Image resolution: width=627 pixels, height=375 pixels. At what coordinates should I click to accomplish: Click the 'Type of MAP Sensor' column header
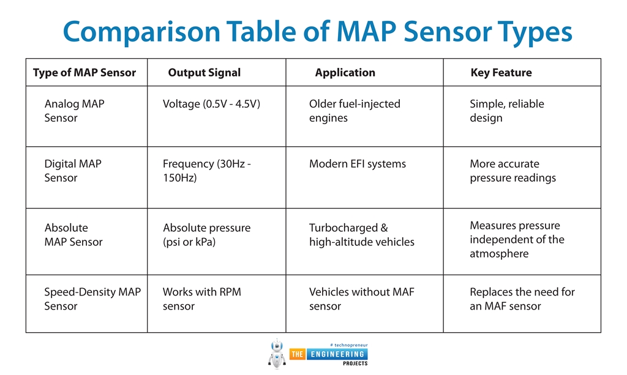tap(84, 73)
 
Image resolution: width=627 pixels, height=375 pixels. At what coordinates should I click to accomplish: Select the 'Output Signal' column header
tap(204, 73)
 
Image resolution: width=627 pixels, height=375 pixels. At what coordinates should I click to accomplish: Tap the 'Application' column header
tap(345, 73)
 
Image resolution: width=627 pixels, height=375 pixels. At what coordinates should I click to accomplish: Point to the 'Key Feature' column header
tap(501, 73)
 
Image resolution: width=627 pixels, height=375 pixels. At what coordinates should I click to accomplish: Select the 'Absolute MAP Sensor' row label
tap(73, 235)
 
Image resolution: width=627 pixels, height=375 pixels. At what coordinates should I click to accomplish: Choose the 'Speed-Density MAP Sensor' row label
tap(92, 299)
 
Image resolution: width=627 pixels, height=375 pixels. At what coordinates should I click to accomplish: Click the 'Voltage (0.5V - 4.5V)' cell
tap(211, 104)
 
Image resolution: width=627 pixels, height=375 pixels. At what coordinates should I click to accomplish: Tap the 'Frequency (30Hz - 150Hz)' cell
tap(206, 171)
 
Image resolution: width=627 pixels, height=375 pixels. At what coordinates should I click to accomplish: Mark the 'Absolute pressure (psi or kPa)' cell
tap(206, 235)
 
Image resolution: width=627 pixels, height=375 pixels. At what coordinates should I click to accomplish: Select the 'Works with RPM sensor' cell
tap(201, 299)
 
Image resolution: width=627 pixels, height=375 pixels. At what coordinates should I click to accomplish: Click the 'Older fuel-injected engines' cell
tap(355, 111)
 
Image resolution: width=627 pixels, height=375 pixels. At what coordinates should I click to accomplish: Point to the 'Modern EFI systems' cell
tap(357, 164)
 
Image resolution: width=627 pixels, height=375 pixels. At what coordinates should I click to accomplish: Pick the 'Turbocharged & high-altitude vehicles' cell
tap(361, 235)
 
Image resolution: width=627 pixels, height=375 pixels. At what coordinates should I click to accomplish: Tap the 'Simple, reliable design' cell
tap(506, 111)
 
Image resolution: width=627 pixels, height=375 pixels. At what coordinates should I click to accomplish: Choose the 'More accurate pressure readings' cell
tap(512, 171)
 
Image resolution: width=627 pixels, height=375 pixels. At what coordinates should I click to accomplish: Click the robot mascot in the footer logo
tap(277, 354)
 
